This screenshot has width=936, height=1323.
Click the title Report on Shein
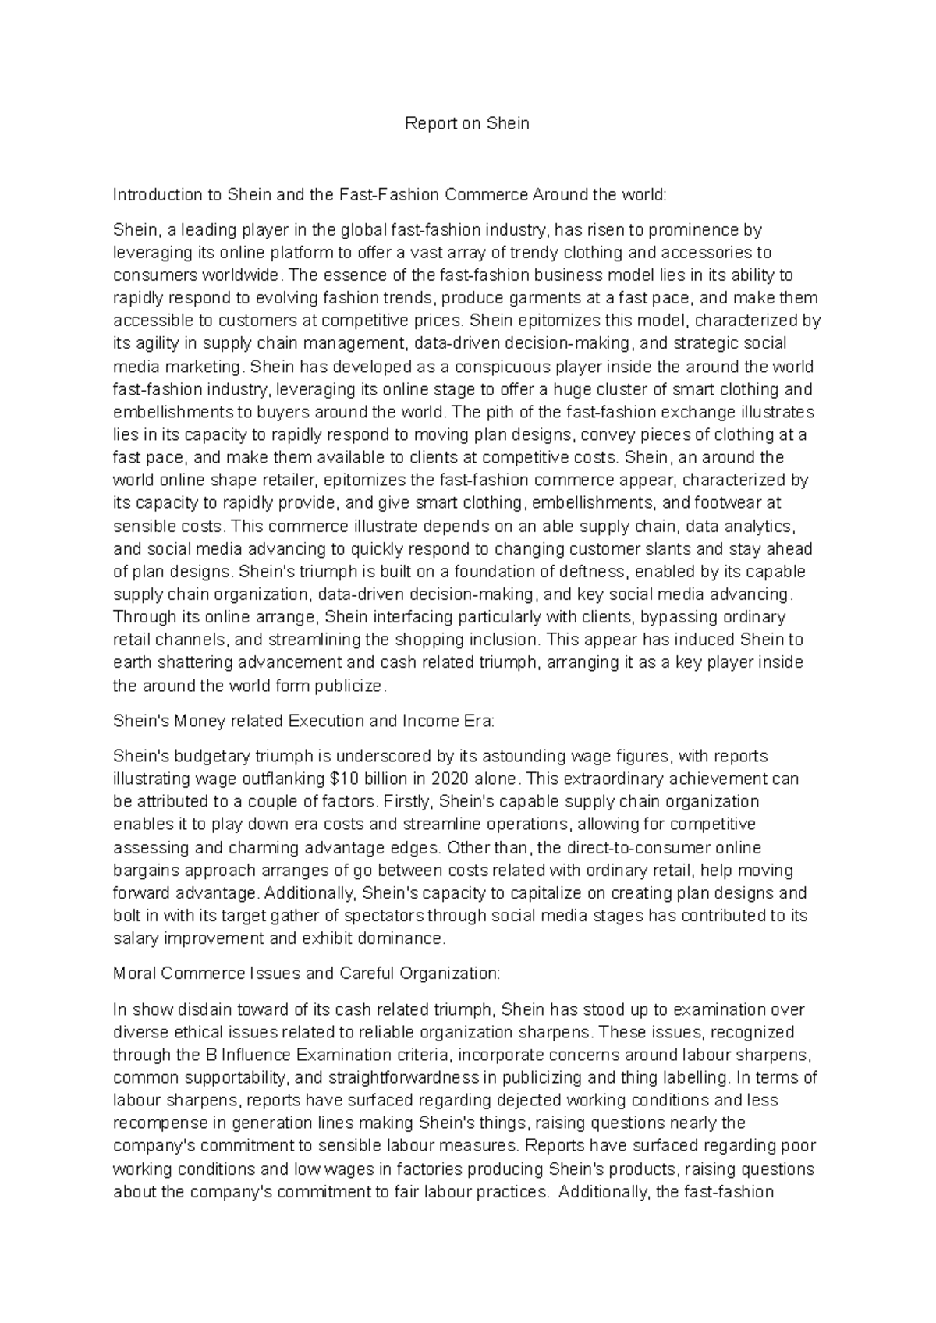click(x=467, y=123)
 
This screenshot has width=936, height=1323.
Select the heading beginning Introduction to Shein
click(x=390, y=194)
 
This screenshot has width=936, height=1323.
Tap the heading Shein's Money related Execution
click(x=303, y=721)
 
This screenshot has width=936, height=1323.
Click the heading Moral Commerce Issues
click(x=306, y=974)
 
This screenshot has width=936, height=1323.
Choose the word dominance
click(x=407, y=938)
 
